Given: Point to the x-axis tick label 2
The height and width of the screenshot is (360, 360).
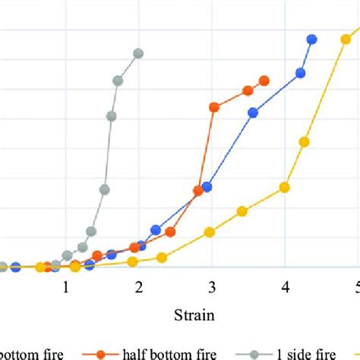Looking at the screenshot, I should tap(139, 289).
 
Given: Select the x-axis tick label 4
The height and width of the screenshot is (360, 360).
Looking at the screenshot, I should tap(285, 289).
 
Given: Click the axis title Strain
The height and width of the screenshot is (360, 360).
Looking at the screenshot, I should tap(194, 313).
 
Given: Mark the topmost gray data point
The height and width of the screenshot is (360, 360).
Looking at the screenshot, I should tap(138, 53).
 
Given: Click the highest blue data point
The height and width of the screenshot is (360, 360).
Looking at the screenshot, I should tap(311, 39).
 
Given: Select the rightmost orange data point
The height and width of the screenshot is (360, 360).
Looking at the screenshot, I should tap(264, 81).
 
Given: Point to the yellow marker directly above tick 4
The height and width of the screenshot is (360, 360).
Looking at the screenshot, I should tap(285, 187).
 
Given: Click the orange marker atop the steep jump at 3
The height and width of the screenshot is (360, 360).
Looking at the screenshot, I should tap(214, 107).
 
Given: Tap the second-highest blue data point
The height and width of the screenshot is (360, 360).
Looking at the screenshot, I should tap(301, 73).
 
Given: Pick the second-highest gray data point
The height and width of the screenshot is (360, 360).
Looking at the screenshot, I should tap(118, 81).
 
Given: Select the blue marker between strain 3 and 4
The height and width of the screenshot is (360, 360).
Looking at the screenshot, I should tap(254, 112).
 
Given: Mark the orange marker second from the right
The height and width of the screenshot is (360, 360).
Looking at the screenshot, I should tap(248, 90).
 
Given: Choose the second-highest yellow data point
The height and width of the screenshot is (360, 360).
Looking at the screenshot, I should tap(305, 141).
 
